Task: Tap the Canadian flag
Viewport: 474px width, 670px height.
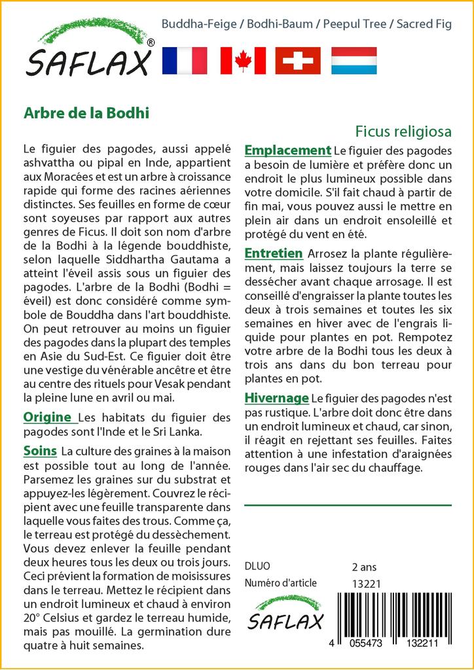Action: coord(243,60)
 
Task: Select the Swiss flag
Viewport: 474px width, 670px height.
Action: coord(298,60)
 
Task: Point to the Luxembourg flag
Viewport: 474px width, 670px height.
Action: coord(354,60)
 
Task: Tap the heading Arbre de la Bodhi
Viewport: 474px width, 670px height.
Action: coord(86,112)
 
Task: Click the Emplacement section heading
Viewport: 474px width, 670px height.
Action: coord(287,150)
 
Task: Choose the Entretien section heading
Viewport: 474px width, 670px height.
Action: coord(273,253)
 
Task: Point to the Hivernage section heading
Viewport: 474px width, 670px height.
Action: coord(276,398)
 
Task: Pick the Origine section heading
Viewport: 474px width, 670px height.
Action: coord(47,417)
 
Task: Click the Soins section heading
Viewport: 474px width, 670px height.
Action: coord(40,451)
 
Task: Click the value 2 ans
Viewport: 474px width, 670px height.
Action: coord(364,567)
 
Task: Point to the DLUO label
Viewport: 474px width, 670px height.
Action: coord(257,567)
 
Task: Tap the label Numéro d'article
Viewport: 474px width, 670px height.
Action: coord(280,583)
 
